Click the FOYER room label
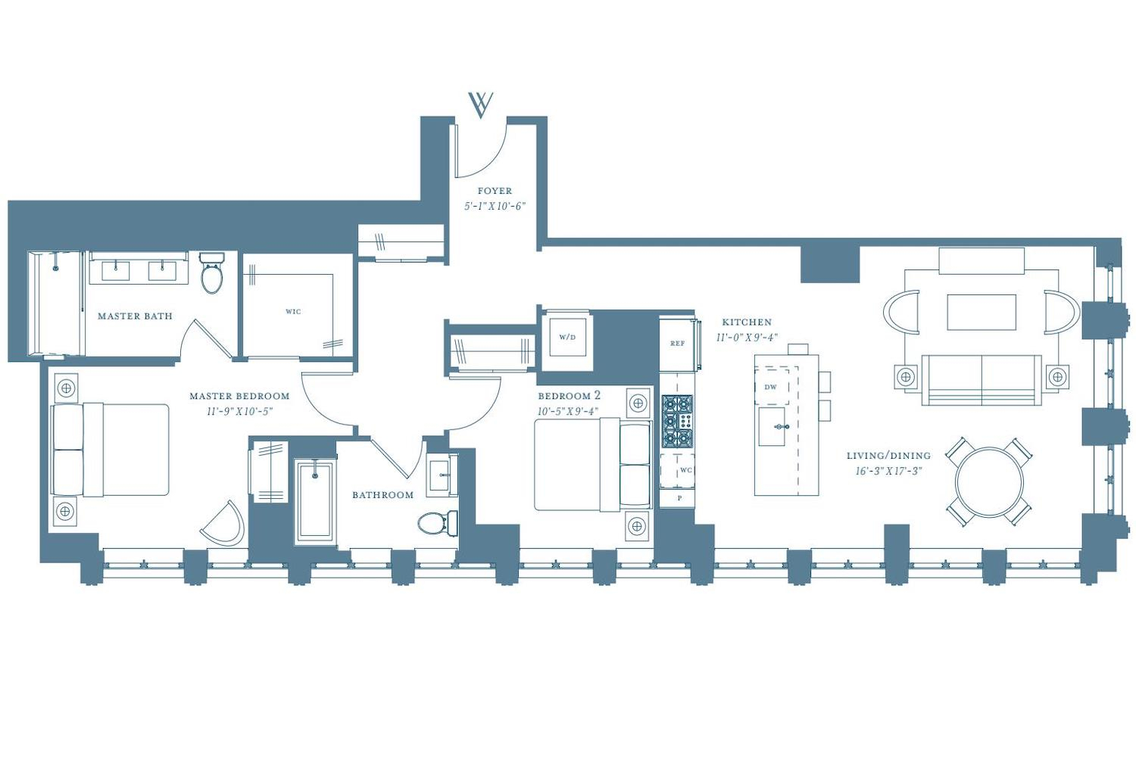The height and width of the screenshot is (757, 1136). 495,192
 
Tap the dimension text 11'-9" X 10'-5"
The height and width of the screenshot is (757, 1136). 239,411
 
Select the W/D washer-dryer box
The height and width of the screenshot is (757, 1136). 567,337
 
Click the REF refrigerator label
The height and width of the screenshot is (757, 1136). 678,343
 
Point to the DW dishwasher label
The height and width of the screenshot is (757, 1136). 770,387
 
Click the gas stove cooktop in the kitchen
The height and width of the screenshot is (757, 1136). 677,422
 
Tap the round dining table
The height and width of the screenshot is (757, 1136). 989,481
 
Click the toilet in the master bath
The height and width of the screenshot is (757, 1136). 211,273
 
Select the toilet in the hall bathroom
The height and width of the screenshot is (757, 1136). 438,523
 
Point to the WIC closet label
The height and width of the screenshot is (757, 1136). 293,311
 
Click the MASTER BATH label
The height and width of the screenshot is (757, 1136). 135,316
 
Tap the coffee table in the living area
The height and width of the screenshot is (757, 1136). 982,313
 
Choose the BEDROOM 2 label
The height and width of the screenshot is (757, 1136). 569,395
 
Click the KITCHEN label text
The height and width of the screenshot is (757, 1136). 747,322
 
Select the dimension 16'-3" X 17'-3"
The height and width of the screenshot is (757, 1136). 888,471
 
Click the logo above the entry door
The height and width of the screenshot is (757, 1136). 481,105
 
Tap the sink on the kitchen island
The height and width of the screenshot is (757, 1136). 772,426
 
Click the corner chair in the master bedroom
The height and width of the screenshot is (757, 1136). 223,525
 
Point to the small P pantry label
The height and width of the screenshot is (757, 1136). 679,498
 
